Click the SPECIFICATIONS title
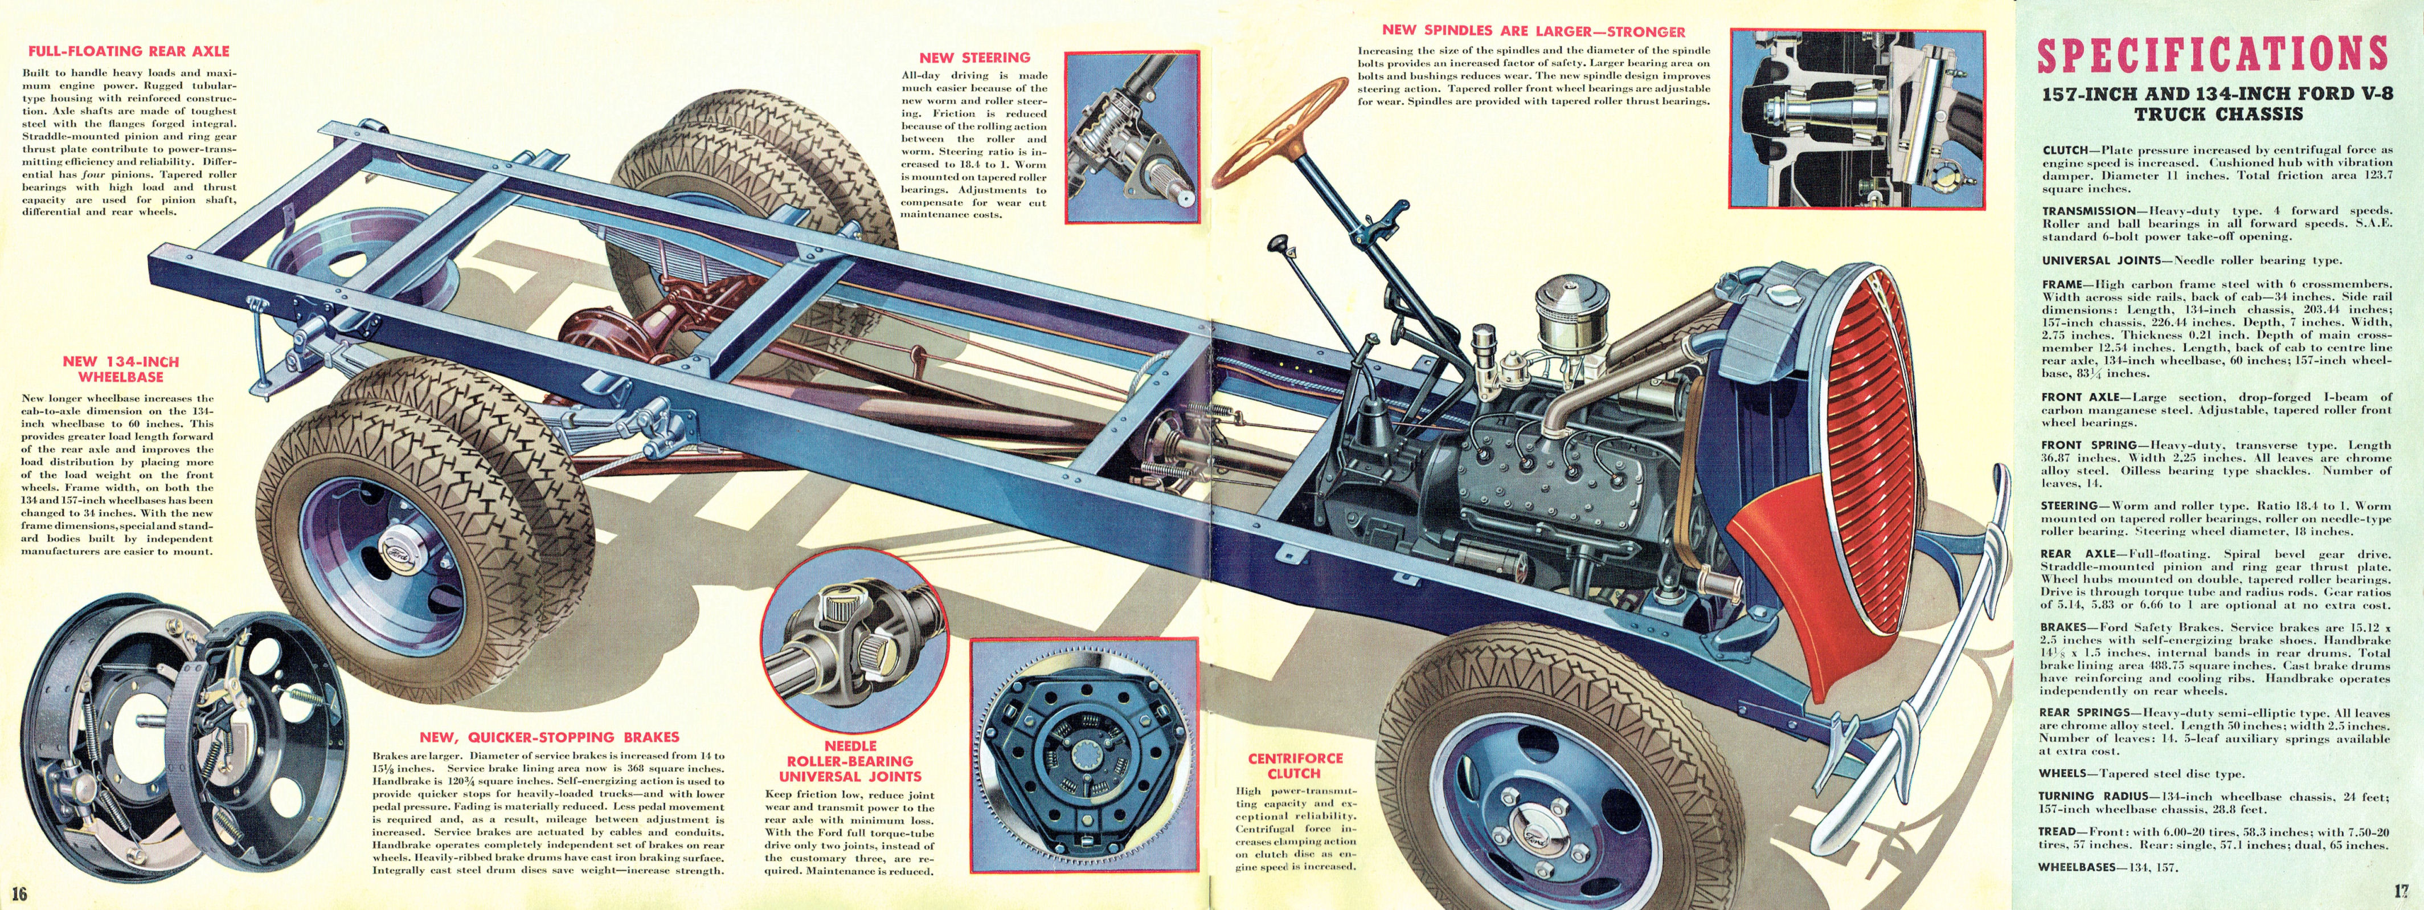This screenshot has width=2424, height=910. (2212, 55)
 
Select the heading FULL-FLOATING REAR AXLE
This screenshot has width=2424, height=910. (128, 51)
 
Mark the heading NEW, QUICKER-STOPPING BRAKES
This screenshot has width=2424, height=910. (548, 737)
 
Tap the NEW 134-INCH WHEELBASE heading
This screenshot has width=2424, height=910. (120, 369)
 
